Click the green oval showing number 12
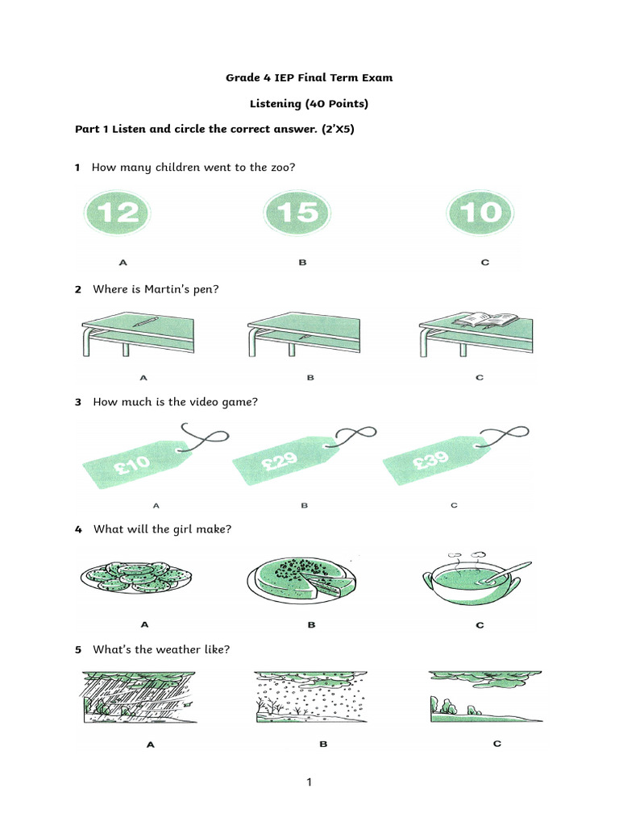(x=117, y=213)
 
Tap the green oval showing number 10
(x=480, y=213)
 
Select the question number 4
(x=78, y=529)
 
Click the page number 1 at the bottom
(x=309, y=782)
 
